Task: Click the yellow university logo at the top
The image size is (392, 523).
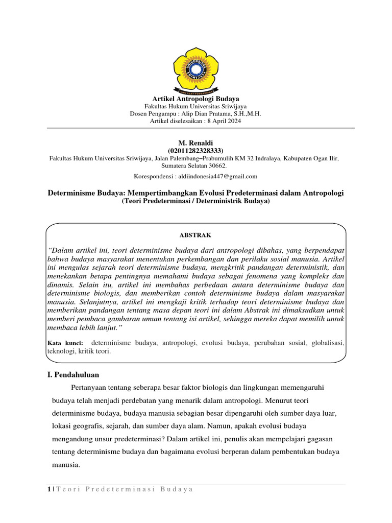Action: pos(196,69)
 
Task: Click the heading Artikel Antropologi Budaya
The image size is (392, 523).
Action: pos(196,98)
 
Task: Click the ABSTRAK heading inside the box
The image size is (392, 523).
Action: pos(195,235)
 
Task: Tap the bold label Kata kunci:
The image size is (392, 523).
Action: pos(61,343)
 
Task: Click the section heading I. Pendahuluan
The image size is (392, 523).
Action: pos(73,375)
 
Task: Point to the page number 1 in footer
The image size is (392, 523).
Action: pos(48,490)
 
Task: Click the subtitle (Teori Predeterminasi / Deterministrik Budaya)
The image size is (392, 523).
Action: pos(196,202)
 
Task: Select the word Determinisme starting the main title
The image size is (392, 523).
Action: pos(72,193)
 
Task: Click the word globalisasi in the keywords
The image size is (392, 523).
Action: pos(327,343)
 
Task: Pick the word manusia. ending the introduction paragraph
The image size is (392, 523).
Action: pos(66,465)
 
